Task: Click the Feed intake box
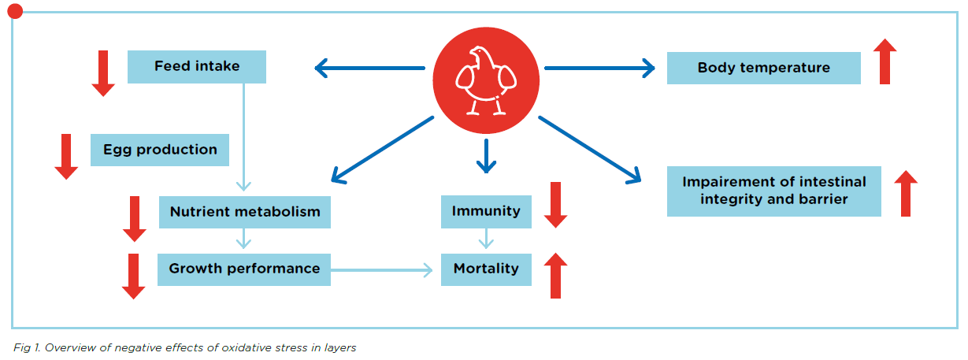click(x=197, y=66)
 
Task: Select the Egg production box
click(x=159, y=150)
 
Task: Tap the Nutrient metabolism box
click(x=245, y=212)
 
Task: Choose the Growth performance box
click(x=244, y=269)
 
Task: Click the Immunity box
click(x=486, y=211)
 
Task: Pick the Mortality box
click(x=486, y=269)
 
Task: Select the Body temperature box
click(x=763, y=68)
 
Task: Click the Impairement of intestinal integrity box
click(x=774, y=191)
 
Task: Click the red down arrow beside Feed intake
click(x=103, y=73)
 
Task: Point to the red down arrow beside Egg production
click(x=66, y=157)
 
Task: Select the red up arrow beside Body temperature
click(x=885, y=61)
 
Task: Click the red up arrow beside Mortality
click(x=556, y=275)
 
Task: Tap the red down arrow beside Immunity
click(x=556, y=205)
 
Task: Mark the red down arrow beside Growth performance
click(x=134, y=276)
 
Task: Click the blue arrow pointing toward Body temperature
click(x=600, y=68)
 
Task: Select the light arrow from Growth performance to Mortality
click(x=381, y=270)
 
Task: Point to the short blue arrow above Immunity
click(x=486, y=156)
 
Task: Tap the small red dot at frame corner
click(x=15, y=11)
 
